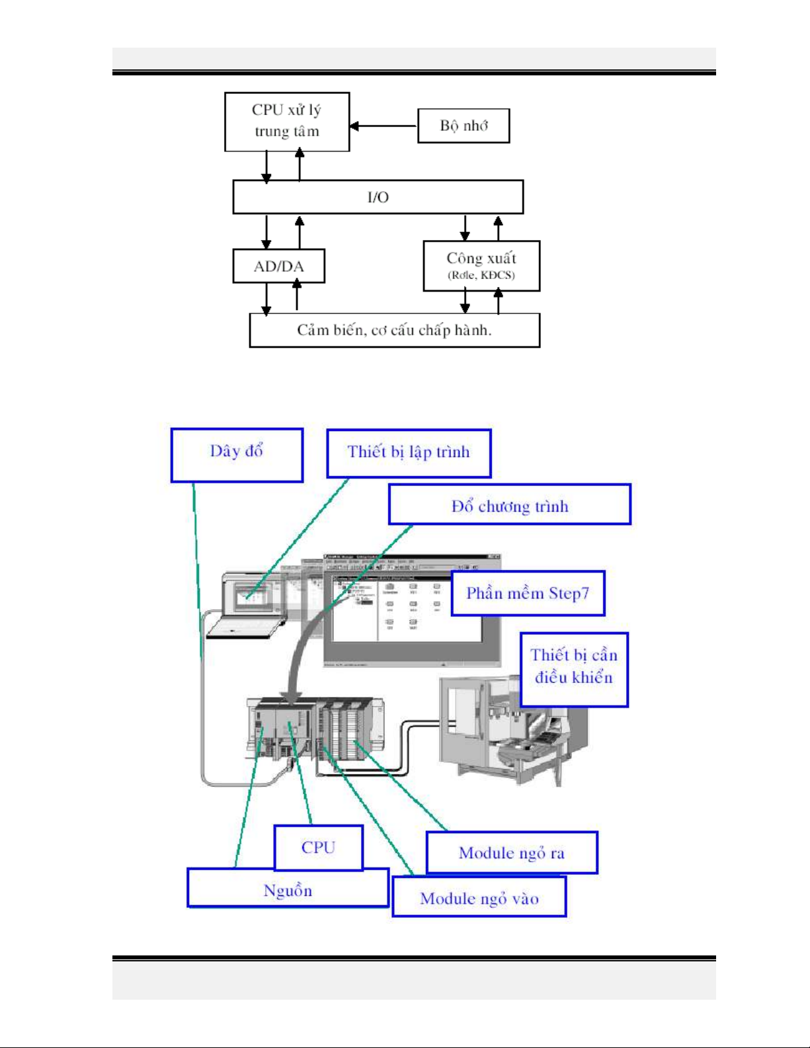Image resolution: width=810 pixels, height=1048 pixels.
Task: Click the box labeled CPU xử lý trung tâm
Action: coord(287,122)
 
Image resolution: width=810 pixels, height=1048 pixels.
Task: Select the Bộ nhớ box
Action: coord(464,126)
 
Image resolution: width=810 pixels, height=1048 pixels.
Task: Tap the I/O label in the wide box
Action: coord(378,197)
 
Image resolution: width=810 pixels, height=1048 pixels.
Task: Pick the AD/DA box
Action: coord(278,266)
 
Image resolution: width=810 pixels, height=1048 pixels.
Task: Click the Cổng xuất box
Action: coord(481,266)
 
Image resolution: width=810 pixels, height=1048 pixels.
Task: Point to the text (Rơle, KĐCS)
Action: coord(481,276)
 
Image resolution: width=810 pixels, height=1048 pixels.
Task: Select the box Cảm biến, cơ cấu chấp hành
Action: coord(394,330)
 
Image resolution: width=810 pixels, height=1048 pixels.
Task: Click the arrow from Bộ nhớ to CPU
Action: coord(384,126)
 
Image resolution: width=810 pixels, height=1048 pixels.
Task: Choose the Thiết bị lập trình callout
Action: coord(409,453)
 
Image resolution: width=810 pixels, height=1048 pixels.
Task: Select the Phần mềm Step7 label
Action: coord(528,593)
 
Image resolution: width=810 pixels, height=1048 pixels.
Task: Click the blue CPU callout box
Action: coord(318,848)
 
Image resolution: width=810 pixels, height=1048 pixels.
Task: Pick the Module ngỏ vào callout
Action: coord(479,897)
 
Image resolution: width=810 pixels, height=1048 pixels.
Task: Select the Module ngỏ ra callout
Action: coord(512,852)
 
